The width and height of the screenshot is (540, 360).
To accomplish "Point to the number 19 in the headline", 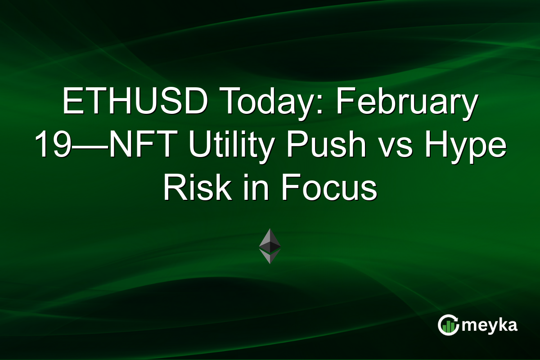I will point(50,146).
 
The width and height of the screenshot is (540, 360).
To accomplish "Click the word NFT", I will point(131,146).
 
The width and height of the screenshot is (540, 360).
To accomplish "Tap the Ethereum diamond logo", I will point(270,246).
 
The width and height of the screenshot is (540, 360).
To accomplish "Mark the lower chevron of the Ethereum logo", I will point(270,257).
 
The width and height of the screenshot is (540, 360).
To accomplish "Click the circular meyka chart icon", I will point(448,325).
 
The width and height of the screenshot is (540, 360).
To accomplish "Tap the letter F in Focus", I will point(292,189).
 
